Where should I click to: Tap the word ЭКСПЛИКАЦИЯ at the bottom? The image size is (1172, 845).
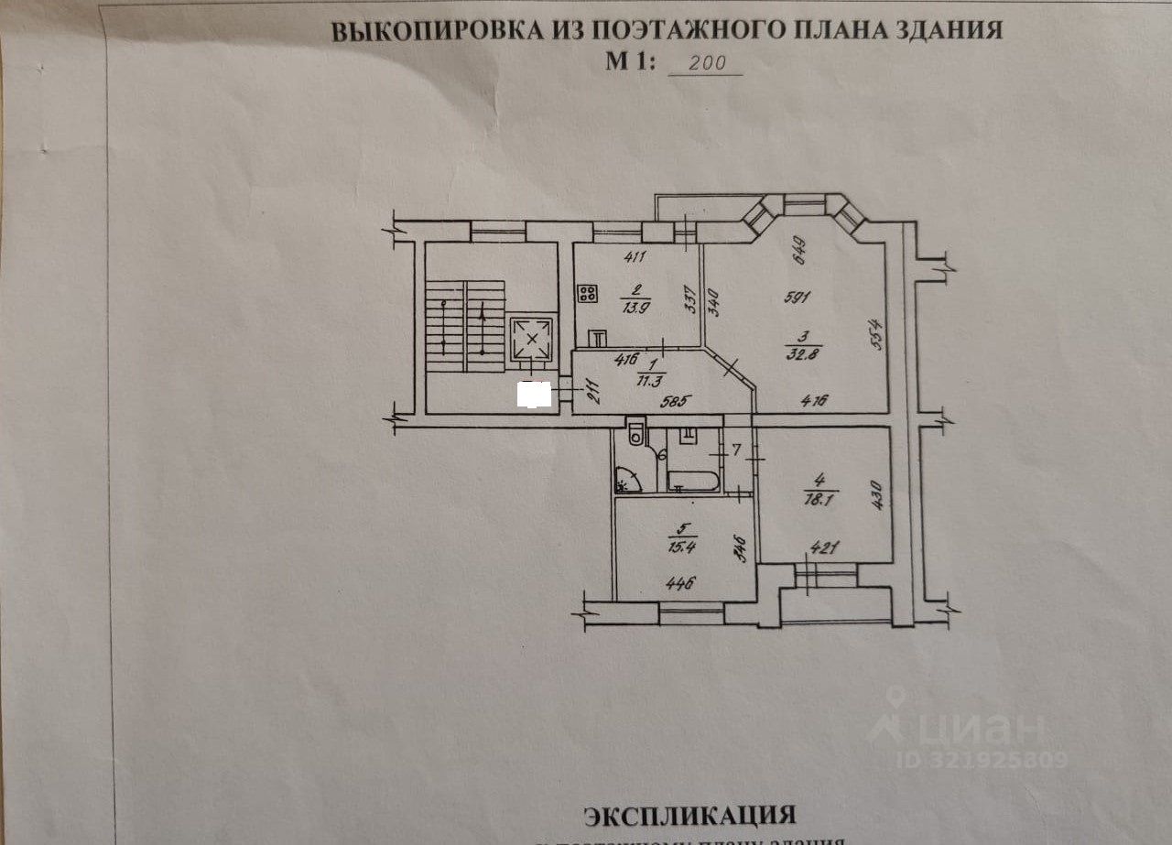pyautogui.click(x=689, y=815)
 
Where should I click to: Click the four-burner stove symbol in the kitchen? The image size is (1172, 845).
pyautogui.click(x=587, y=294)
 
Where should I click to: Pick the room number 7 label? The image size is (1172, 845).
pyautogui.click(x=737, y=450)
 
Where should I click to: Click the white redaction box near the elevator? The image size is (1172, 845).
pyautogui.click(x=534, y=394)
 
